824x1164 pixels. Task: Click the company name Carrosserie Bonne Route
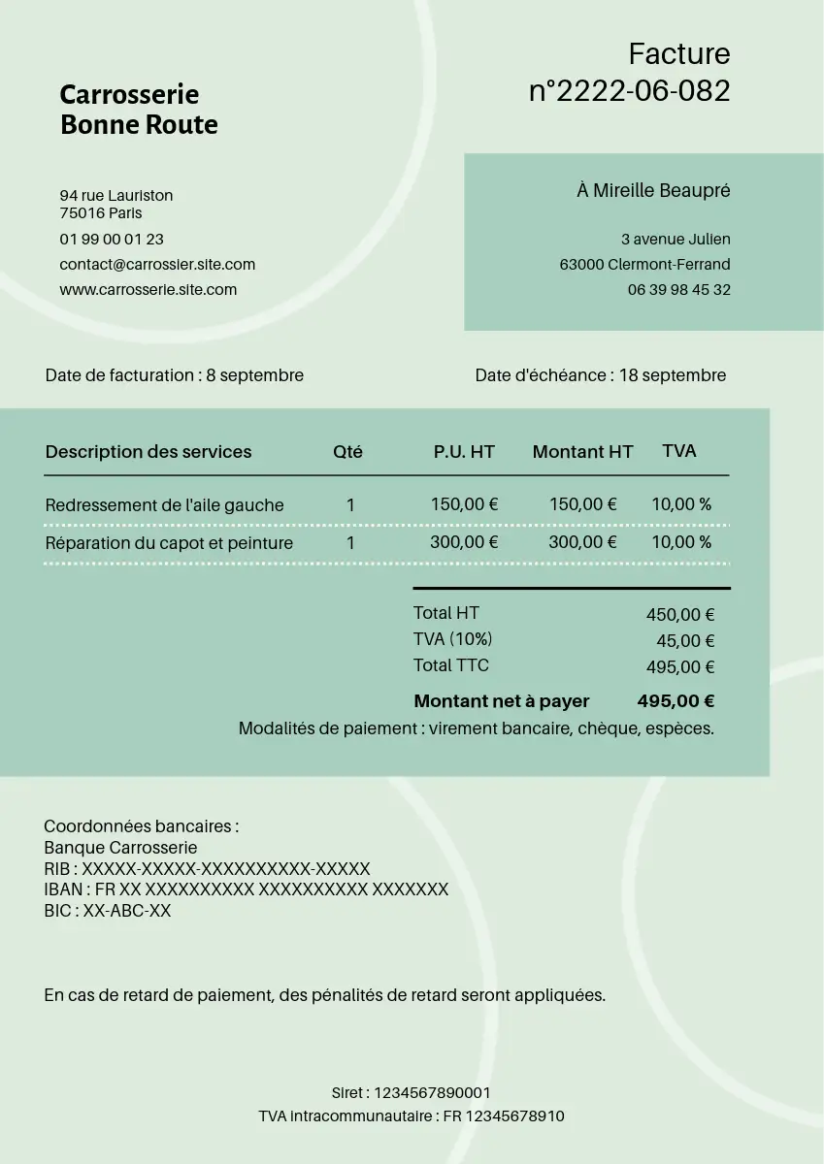pyautogui.click(x=139, y=110)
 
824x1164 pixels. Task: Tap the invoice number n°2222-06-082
pyautogui.click(x=629, y=91)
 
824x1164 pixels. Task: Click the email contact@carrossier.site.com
pyautogui.click(x=157, y=264)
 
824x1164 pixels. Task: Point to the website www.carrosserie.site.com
pyautogui.click(x=148, y=289)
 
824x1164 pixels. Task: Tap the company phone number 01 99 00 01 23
pyautogui.click(x=112, y=239)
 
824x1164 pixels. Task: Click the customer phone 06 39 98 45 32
pyautogui.click(x=678, y=289)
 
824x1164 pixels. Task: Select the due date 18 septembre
pyautogui.click(x=672, y=375)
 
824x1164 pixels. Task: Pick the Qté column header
pyautogui.click(x=347, y=452)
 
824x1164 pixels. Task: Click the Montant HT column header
pyautogui.click(x=582, y=452)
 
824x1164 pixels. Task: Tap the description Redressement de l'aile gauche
pyautogui.click(x=164, y=505)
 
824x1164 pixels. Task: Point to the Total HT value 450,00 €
pyautogui.click(x=680, y=615)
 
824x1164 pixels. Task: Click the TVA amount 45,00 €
pyautogui.click(x=685, y=641)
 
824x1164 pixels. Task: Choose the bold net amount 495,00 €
pyautogui.click(x=676, y=701)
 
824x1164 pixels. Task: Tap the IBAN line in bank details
pyautogui.click(x=247, y=889)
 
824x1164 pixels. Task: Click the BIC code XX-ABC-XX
pyautogui.click(x=126, y=911)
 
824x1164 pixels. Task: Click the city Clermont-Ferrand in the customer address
pyautogui.click(x=669, y=264)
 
